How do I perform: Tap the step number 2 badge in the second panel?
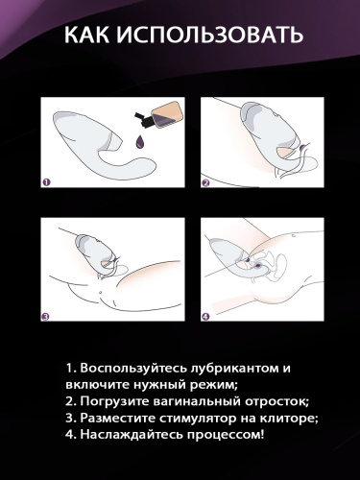[205, 180]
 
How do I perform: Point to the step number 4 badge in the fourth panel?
[205, 316]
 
